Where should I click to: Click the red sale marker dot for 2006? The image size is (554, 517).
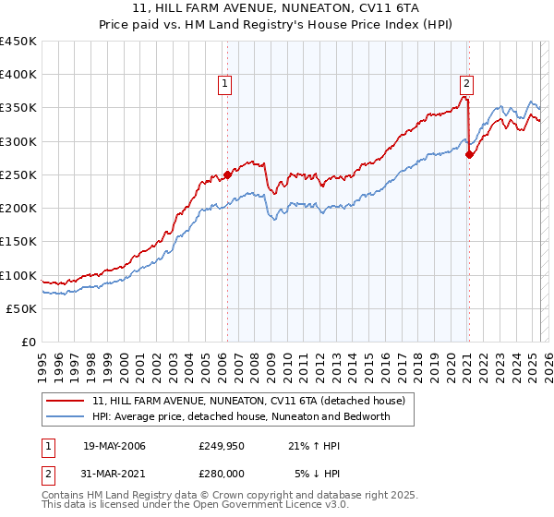[x=227, y=175]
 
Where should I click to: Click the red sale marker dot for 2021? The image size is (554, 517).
[x=469, y=155]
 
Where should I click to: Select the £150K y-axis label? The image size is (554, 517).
[x=18, y=242]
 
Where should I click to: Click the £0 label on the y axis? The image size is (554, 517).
[x=28, y=343]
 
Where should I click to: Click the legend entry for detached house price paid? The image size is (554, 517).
[x=248, y=402]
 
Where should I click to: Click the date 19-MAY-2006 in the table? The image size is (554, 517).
[x=114, y=446]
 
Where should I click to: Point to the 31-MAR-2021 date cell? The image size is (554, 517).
[x=114, y=475]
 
